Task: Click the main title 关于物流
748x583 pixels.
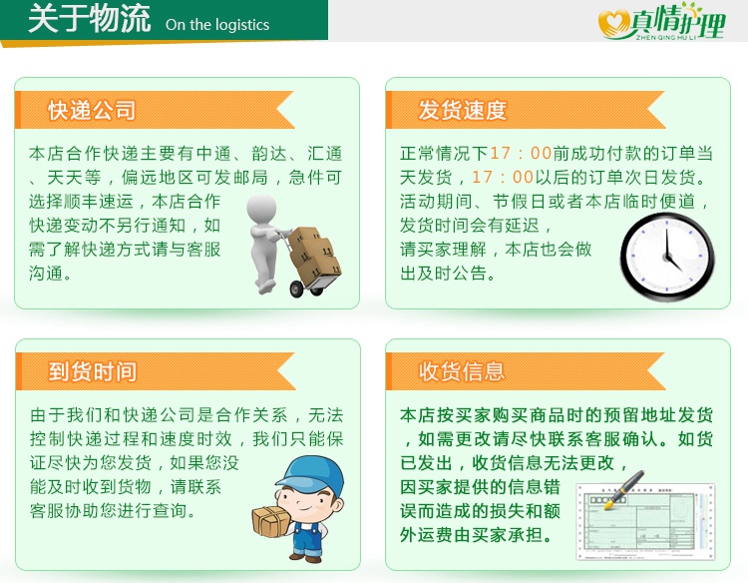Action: (x=89, y=19)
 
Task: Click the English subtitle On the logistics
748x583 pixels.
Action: (x=217, y=25)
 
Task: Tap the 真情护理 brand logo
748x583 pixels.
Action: (x=662, y=22)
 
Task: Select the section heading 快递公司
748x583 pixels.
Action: (x=92, y=110)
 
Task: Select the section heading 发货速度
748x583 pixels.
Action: (x=462, y=110)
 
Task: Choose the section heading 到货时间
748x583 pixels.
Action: (x=92, y=371)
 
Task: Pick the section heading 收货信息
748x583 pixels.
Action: (x=462, y=371)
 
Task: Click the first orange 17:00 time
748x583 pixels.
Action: (x=521, y=154)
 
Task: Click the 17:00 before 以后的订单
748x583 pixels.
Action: (x=503, y=177)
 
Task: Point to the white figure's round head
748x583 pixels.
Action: (x=261, y=208)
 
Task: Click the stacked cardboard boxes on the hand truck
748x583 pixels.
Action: (x=315, y=256)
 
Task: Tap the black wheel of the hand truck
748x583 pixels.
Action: (x=297, y=289)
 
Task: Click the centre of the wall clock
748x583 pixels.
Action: (x=667, y=257)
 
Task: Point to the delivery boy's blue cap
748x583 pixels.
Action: (x=310, y=475)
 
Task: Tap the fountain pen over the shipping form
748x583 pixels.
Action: (x=624, y=489)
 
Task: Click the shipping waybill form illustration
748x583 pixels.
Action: (x=646, y=522)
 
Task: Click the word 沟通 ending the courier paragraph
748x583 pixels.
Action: (x=46, y=274)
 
